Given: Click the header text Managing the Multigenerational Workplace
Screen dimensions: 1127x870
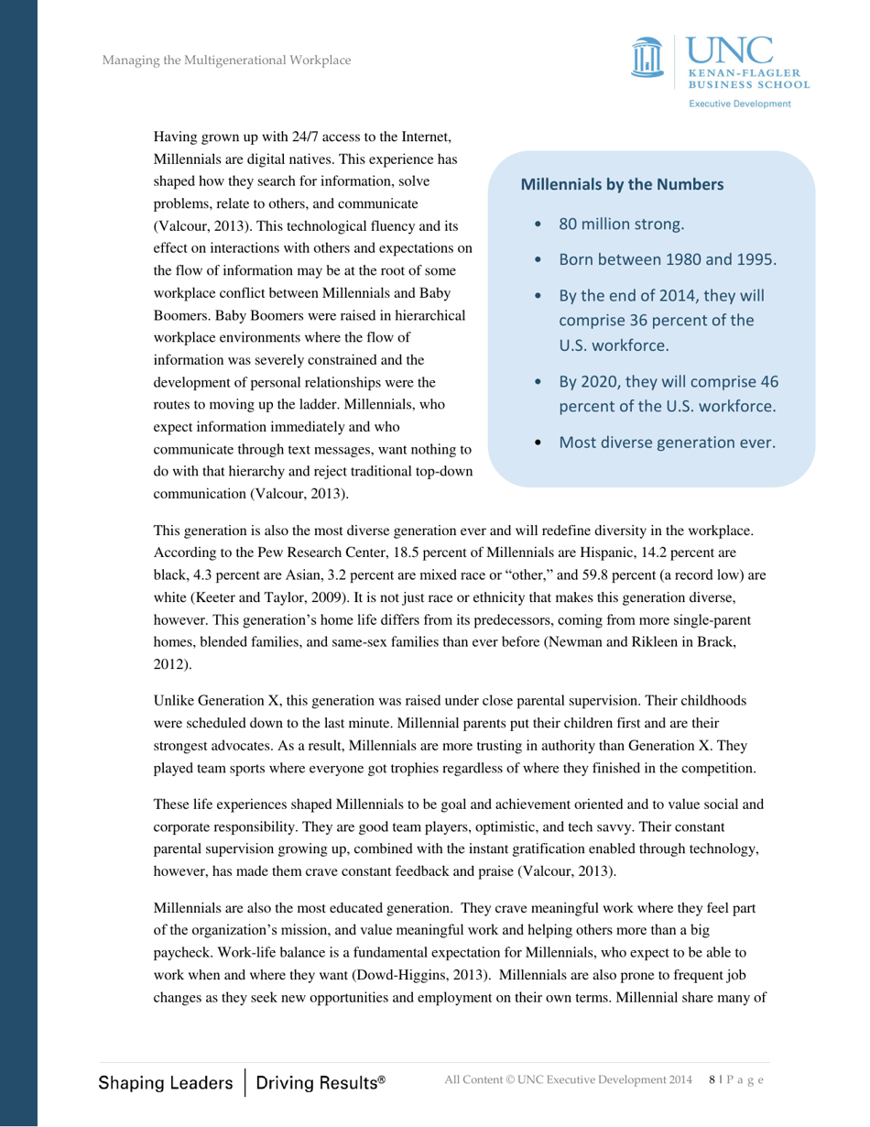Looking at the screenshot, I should pyautogui.click(x=226, y=60).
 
